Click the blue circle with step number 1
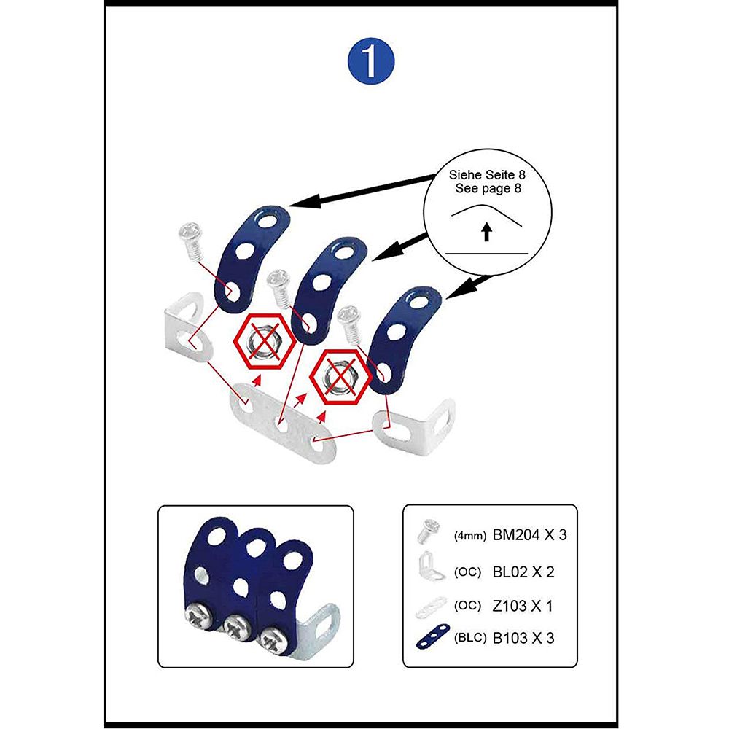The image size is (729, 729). [x=370, y=61]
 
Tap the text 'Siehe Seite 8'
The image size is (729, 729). [x=487, y=175]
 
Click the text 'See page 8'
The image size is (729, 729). [x=488, y=188]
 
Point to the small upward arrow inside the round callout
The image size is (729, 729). [x=486, y=232]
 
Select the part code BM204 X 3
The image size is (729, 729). [x=529, y=534]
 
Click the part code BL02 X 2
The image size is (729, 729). [x=523, y=572]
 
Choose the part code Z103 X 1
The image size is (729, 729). [x=522, y=606]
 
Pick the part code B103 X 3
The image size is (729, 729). [x=523, y=638]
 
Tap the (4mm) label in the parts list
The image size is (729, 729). [x=469, y=536]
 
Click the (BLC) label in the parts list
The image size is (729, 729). [x=469, y=638]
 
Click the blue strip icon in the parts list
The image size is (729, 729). [x=433, y=637]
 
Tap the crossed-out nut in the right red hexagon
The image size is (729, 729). [x=340, y=377]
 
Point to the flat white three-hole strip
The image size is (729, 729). [x=282, y=423]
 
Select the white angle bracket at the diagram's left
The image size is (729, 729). [x=189, y=328]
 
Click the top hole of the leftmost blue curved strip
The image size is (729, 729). [x=268, y=220]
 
